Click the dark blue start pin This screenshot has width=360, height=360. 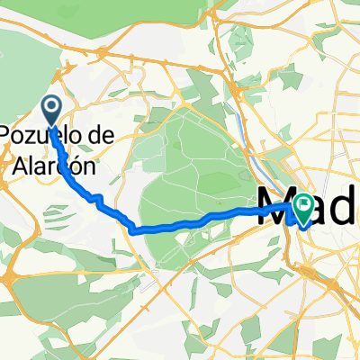click(x=51, y=111)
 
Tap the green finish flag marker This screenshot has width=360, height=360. click(x=301, y=210)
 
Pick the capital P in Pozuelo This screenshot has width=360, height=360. click(x=7, y=136)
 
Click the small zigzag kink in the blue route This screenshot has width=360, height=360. click(x=95, y=195)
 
